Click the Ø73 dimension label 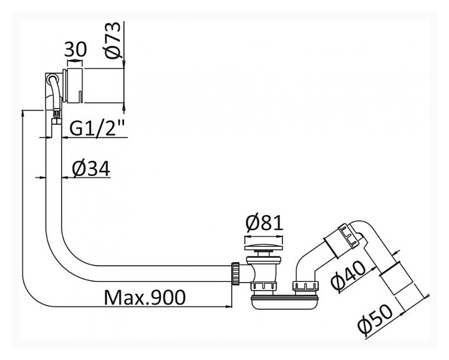pos(112,41)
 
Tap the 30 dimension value pos(75,49)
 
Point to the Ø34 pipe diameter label pos(91,168)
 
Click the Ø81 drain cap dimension pos(264,223)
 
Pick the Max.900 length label pos(145,297)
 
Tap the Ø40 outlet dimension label pos(349,275)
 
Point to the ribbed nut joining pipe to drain pos(235,273)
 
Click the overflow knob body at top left pos(75,85)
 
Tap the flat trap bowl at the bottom pos(284,303)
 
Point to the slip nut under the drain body pos(263,286)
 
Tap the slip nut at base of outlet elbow pos(305,286)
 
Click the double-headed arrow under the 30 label pos(75,61)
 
